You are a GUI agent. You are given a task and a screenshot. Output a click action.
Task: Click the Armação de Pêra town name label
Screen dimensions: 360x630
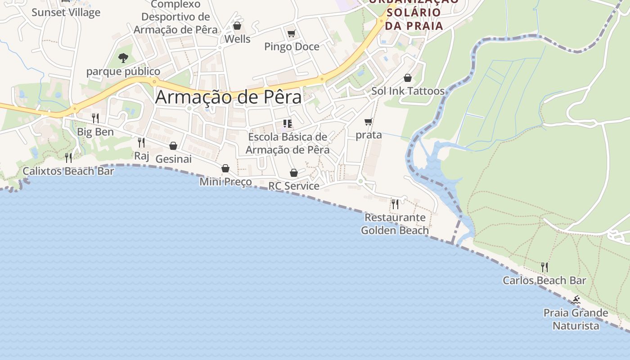pyautogui.click(x=228, y=97)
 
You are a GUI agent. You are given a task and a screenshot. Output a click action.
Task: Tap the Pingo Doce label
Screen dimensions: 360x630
pyautogui.click(x=292, y=46)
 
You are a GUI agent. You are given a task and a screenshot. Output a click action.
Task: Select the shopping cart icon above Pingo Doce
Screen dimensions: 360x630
pyautogui.click(x=291, y=33)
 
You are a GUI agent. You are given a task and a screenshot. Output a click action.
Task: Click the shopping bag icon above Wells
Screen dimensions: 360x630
pyautogui.click(x=237, y=26)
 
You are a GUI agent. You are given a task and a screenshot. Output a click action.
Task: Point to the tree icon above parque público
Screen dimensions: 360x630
pyautogui.click(x=123, y=58)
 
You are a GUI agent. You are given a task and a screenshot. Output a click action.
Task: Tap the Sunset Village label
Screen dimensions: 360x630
pyautogui.click(x=66, y=12)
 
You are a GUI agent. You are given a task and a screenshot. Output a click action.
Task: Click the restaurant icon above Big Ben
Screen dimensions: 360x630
pyautogui.click(x=95, y=118)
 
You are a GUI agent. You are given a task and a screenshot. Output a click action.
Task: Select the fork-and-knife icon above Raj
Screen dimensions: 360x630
pyautogui.click(x=141, y=143)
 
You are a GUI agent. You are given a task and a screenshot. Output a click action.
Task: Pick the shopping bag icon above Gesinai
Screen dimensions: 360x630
pyautogui.click(x=173, y=146)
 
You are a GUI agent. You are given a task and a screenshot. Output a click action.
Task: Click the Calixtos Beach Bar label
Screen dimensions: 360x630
pyautogui.click(x=68, y=171)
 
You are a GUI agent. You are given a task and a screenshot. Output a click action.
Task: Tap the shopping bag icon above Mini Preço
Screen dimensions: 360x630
pyautogui.click(x=225, y=168)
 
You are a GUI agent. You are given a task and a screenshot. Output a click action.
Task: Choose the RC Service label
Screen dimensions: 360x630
pyautogui.click(x=294, y=186)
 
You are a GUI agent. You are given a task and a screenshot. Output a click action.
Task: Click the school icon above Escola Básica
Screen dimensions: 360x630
pyautogui.click(x=288, y=123)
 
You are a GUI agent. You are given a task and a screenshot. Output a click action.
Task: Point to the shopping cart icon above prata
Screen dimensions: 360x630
pyautogui.click(x=369, y=121)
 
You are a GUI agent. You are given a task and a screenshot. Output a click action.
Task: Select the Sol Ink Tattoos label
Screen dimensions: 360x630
pyautogui.click(x=408, y=91)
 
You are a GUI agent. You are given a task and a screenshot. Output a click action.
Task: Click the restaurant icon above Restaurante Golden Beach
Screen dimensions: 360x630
pyautogui.click(x=395, y=204)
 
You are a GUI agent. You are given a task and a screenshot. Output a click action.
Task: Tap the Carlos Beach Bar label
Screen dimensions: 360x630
pyautogui.click(x=544, y=280)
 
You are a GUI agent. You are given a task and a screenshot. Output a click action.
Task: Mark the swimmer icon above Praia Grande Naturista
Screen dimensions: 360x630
pyautogui.click(x=575, y=300)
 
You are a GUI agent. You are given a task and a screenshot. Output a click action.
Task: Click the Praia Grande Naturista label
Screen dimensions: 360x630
pyautogui.click(x=576, y=319)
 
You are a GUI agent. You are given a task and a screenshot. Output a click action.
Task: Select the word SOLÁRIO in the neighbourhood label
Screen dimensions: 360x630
pyautogui.click(x=414, y=12)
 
